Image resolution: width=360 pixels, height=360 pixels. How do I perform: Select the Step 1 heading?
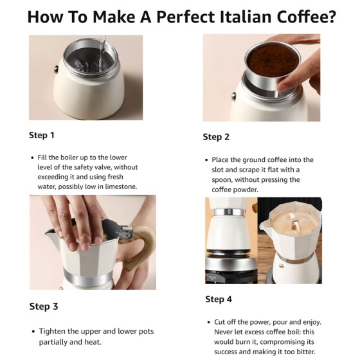tap(42, 135)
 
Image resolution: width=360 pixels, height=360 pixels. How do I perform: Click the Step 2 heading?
tap(216, 137)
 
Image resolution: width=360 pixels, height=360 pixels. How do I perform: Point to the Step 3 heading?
tap(43, 306)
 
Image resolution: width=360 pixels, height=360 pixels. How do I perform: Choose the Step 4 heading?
tap(219, 300)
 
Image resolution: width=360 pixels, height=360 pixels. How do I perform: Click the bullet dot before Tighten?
tap(33, 331)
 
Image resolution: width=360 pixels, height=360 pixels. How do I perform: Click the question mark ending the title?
tap(330, 17)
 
